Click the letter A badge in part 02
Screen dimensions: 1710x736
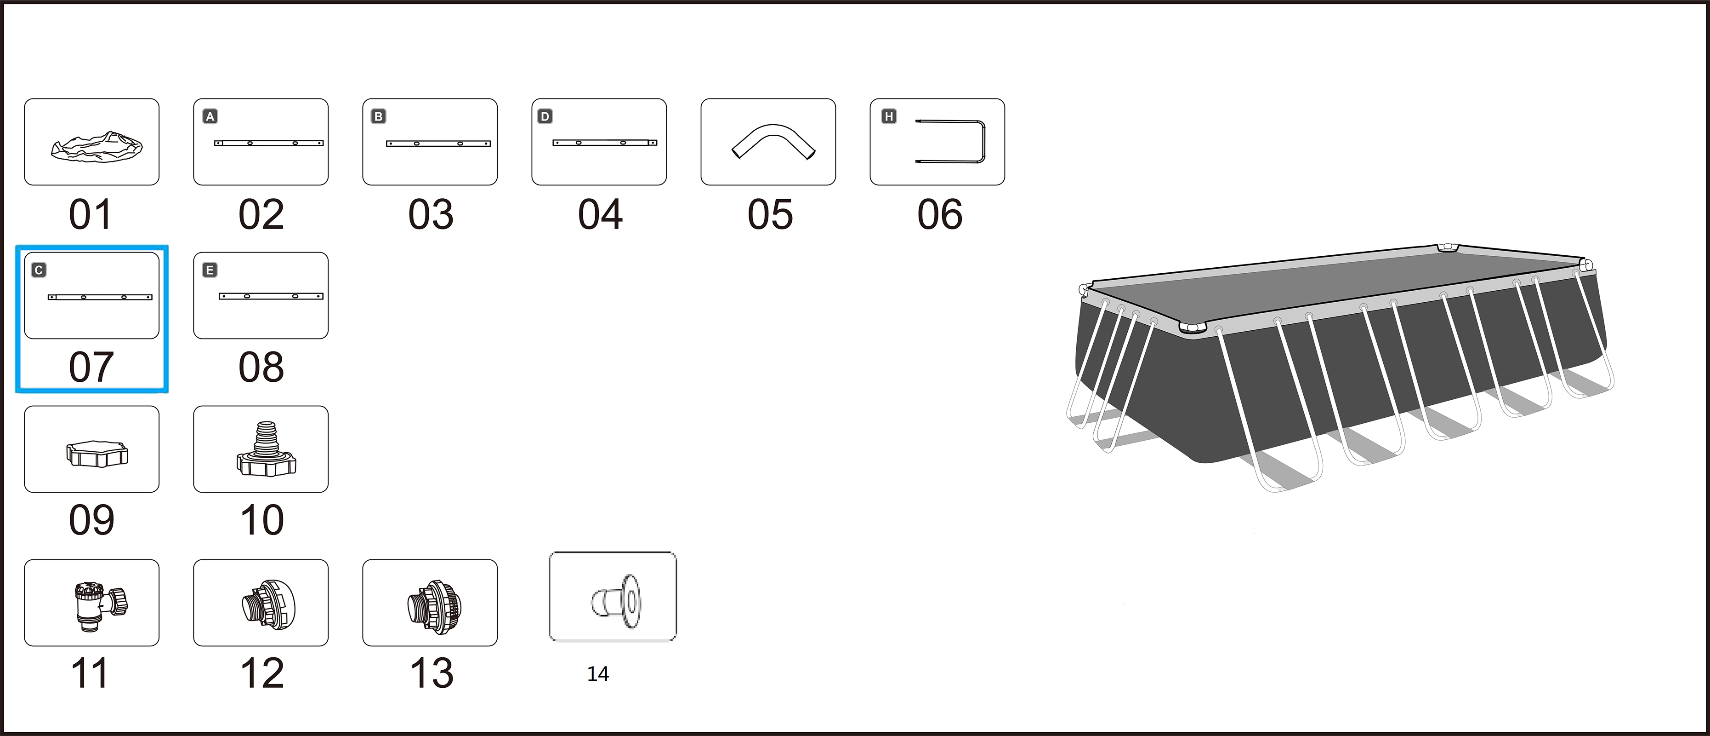pos(210,117)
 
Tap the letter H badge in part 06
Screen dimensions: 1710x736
pos(889,117)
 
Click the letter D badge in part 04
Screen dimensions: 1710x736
pos(545,117)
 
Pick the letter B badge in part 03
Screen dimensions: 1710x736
pos(378,117)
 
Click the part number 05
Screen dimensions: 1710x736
pos(770,214)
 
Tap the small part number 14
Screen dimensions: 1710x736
pos(598,674)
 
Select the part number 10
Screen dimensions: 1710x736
pos(262,520)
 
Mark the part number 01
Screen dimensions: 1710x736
pos(90,214)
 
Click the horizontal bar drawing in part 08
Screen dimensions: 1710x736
pos(271,296)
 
